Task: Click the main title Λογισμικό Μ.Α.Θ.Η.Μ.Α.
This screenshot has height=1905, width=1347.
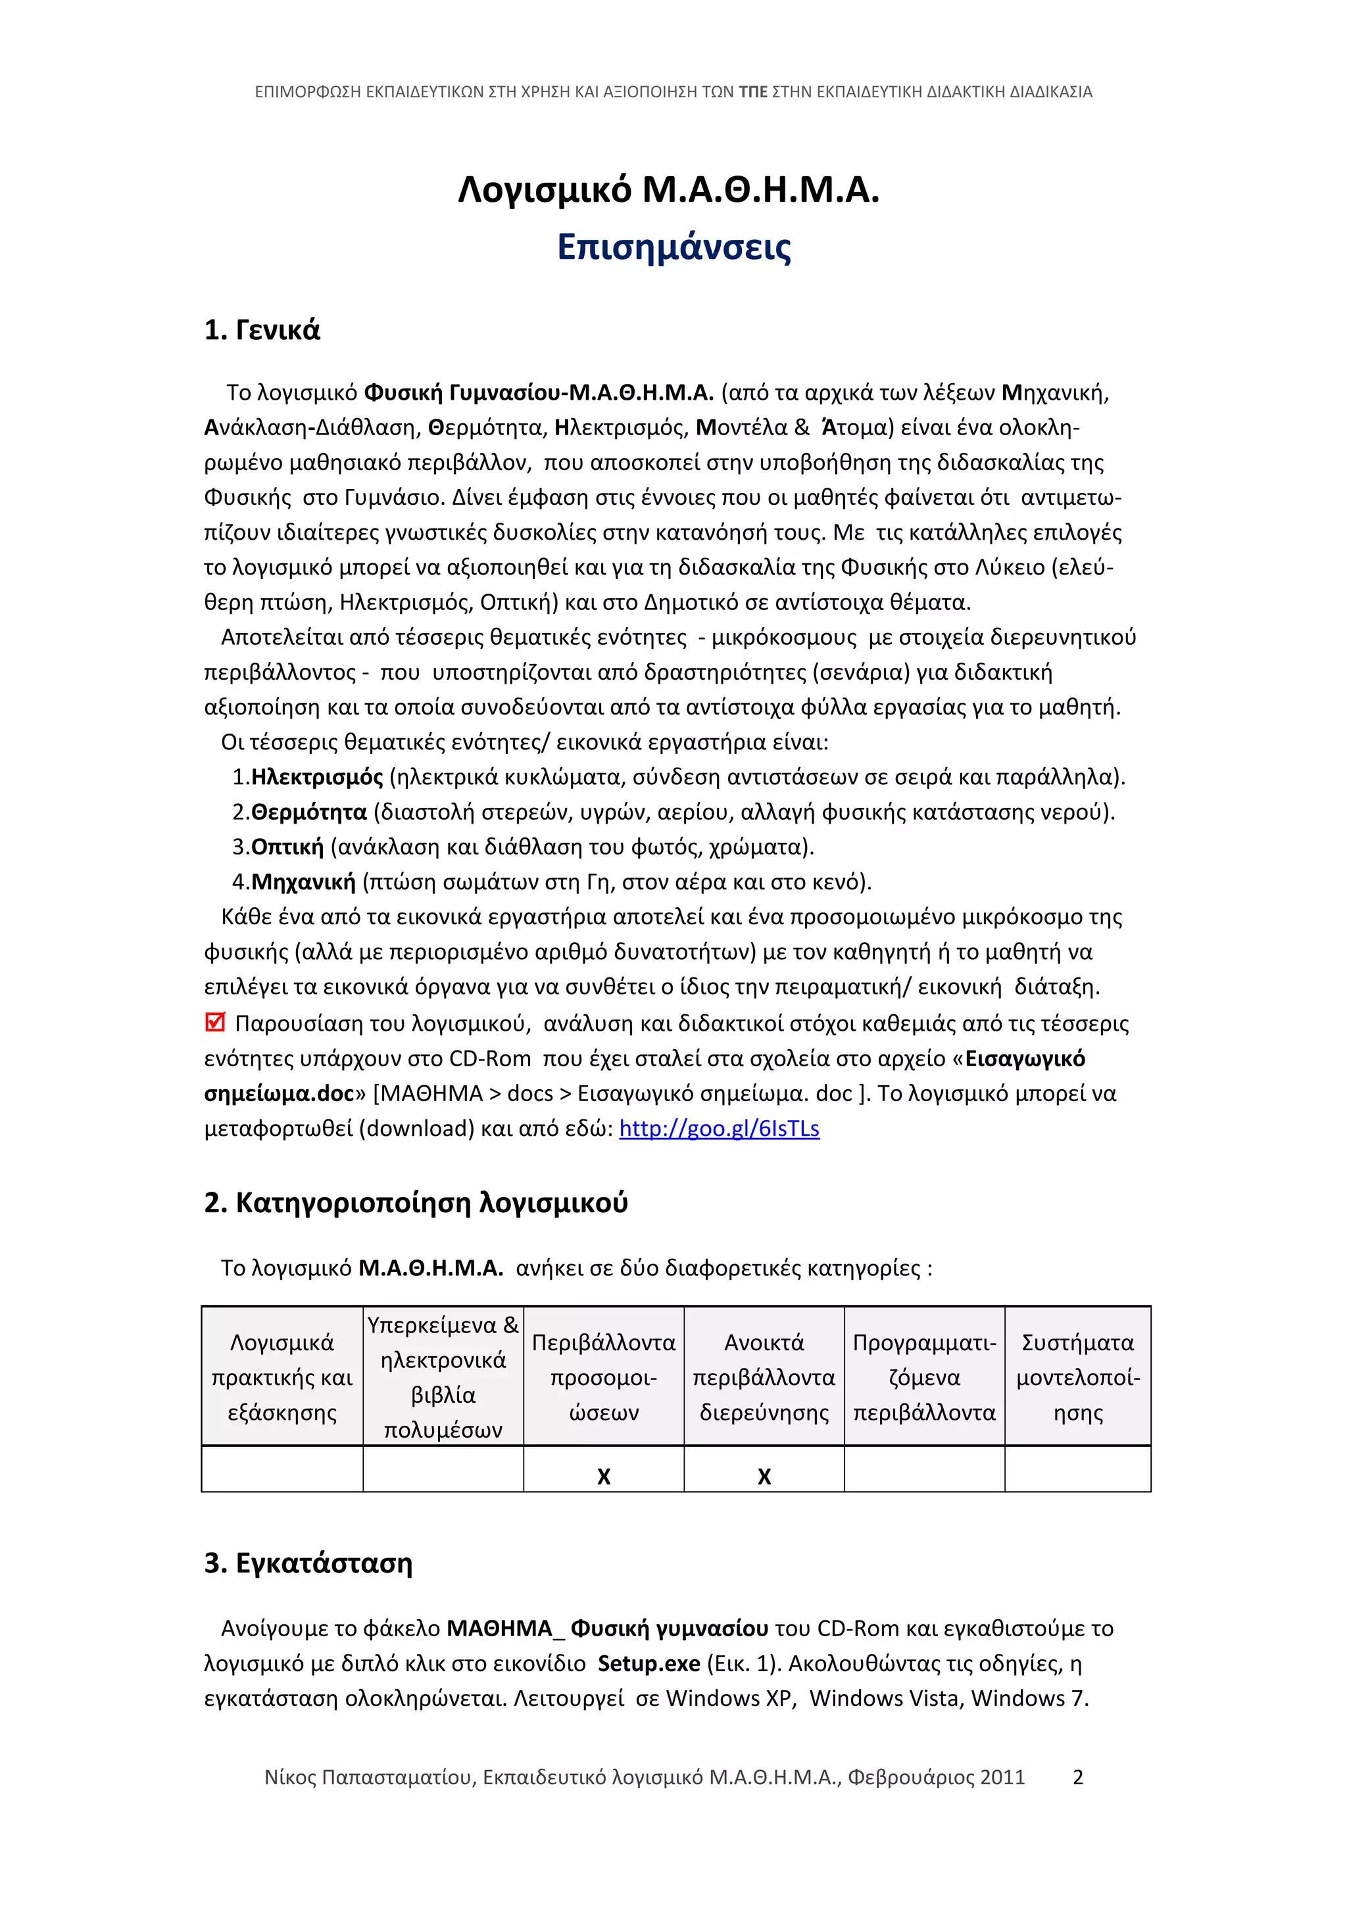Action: click(669, 191)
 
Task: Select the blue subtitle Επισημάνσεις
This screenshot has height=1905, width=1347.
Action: click(674, 247)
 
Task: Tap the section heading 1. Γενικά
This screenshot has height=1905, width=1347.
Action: click(261, 330)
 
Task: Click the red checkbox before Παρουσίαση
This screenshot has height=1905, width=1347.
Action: click(215, 1022)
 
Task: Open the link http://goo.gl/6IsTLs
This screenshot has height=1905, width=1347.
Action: click(719, 1129)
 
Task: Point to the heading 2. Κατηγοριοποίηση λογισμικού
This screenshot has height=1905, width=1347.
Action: click(416, 1202)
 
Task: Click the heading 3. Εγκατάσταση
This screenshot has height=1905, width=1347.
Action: click(308, 1563)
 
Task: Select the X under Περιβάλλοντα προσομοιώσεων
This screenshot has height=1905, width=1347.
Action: click(603, 1476)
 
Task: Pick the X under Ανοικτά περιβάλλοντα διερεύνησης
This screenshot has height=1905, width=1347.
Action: click(764, 1476)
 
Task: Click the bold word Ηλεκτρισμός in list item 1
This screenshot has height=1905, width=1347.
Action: click(317, 778)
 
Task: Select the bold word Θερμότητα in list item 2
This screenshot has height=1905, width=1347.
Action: click(308, 812)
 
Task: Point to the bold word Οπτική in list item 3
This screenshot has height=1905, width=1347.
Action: click(287, 847)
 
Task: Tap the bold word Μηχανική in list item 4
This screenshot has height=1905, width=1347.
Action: click(303, 882)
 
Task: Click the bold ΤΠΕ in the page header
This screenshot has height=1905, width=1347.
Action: click(753, 92)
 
